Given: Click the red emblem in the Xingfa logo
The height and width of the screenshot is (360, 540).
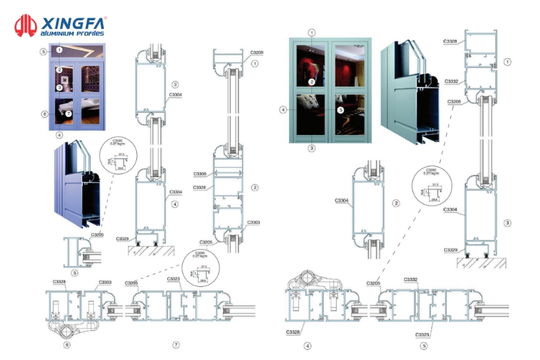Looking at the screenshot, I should coord(25,26).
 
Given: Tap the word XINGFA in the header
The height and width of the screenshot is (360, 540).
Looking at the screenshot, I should coord(69,21).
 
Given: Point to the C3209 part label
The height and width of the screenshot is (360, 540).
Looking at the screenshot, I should coord(256,53).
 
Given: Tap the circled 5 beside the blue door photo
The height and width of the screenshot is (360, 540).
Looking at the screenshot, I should coord(43,51).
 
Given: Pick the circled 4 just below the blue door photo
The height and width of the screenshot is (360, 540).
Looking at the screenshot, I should coord(59,134).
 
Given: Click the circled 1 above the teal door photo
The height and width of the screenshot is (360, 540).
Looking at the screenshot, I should coord(312,32).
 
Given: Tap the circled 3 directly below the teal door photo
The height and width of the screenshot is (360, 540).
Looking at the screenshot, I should coord(311,147).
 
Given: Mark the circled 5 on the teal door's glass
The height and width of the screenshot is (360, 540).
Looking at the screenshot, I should coord(340,109).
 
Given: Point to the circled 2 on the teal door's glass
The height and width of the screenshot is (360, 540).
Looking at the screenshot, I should coord(312,82).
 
